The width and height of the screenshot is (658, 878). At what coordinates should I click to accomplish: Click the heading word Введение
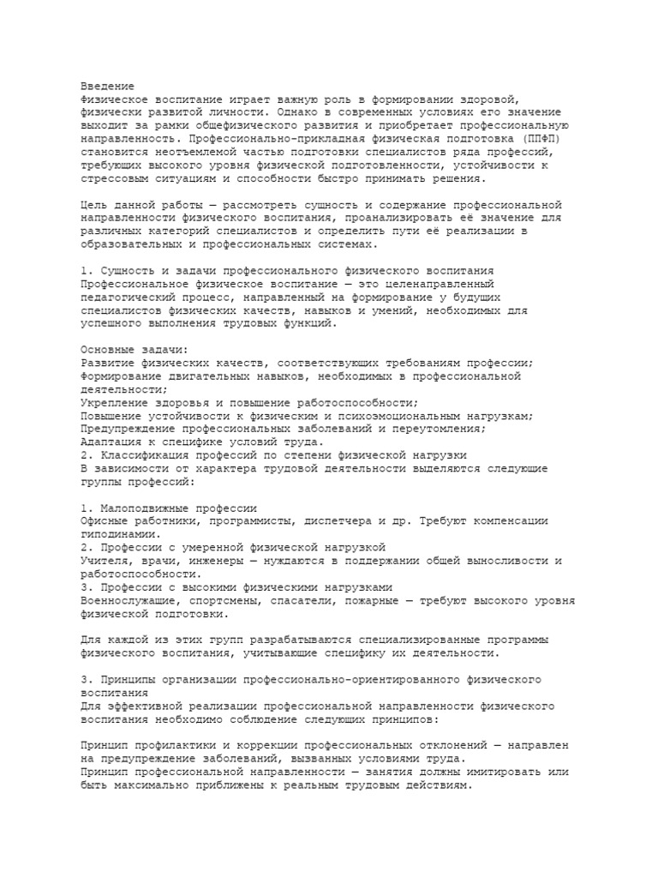[108, 87]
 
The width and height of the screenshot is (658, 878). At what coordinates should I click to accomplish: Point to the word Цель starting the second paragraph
[94, 205]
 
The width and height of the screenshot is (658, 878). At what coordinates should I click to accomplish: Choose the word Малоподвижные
[144, 508]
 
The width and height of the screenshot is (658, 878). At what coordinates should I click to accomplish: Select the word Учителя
[108, 561]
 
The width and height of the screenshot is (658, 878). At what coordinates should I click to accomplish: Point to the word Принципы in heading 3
[129, 679]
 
